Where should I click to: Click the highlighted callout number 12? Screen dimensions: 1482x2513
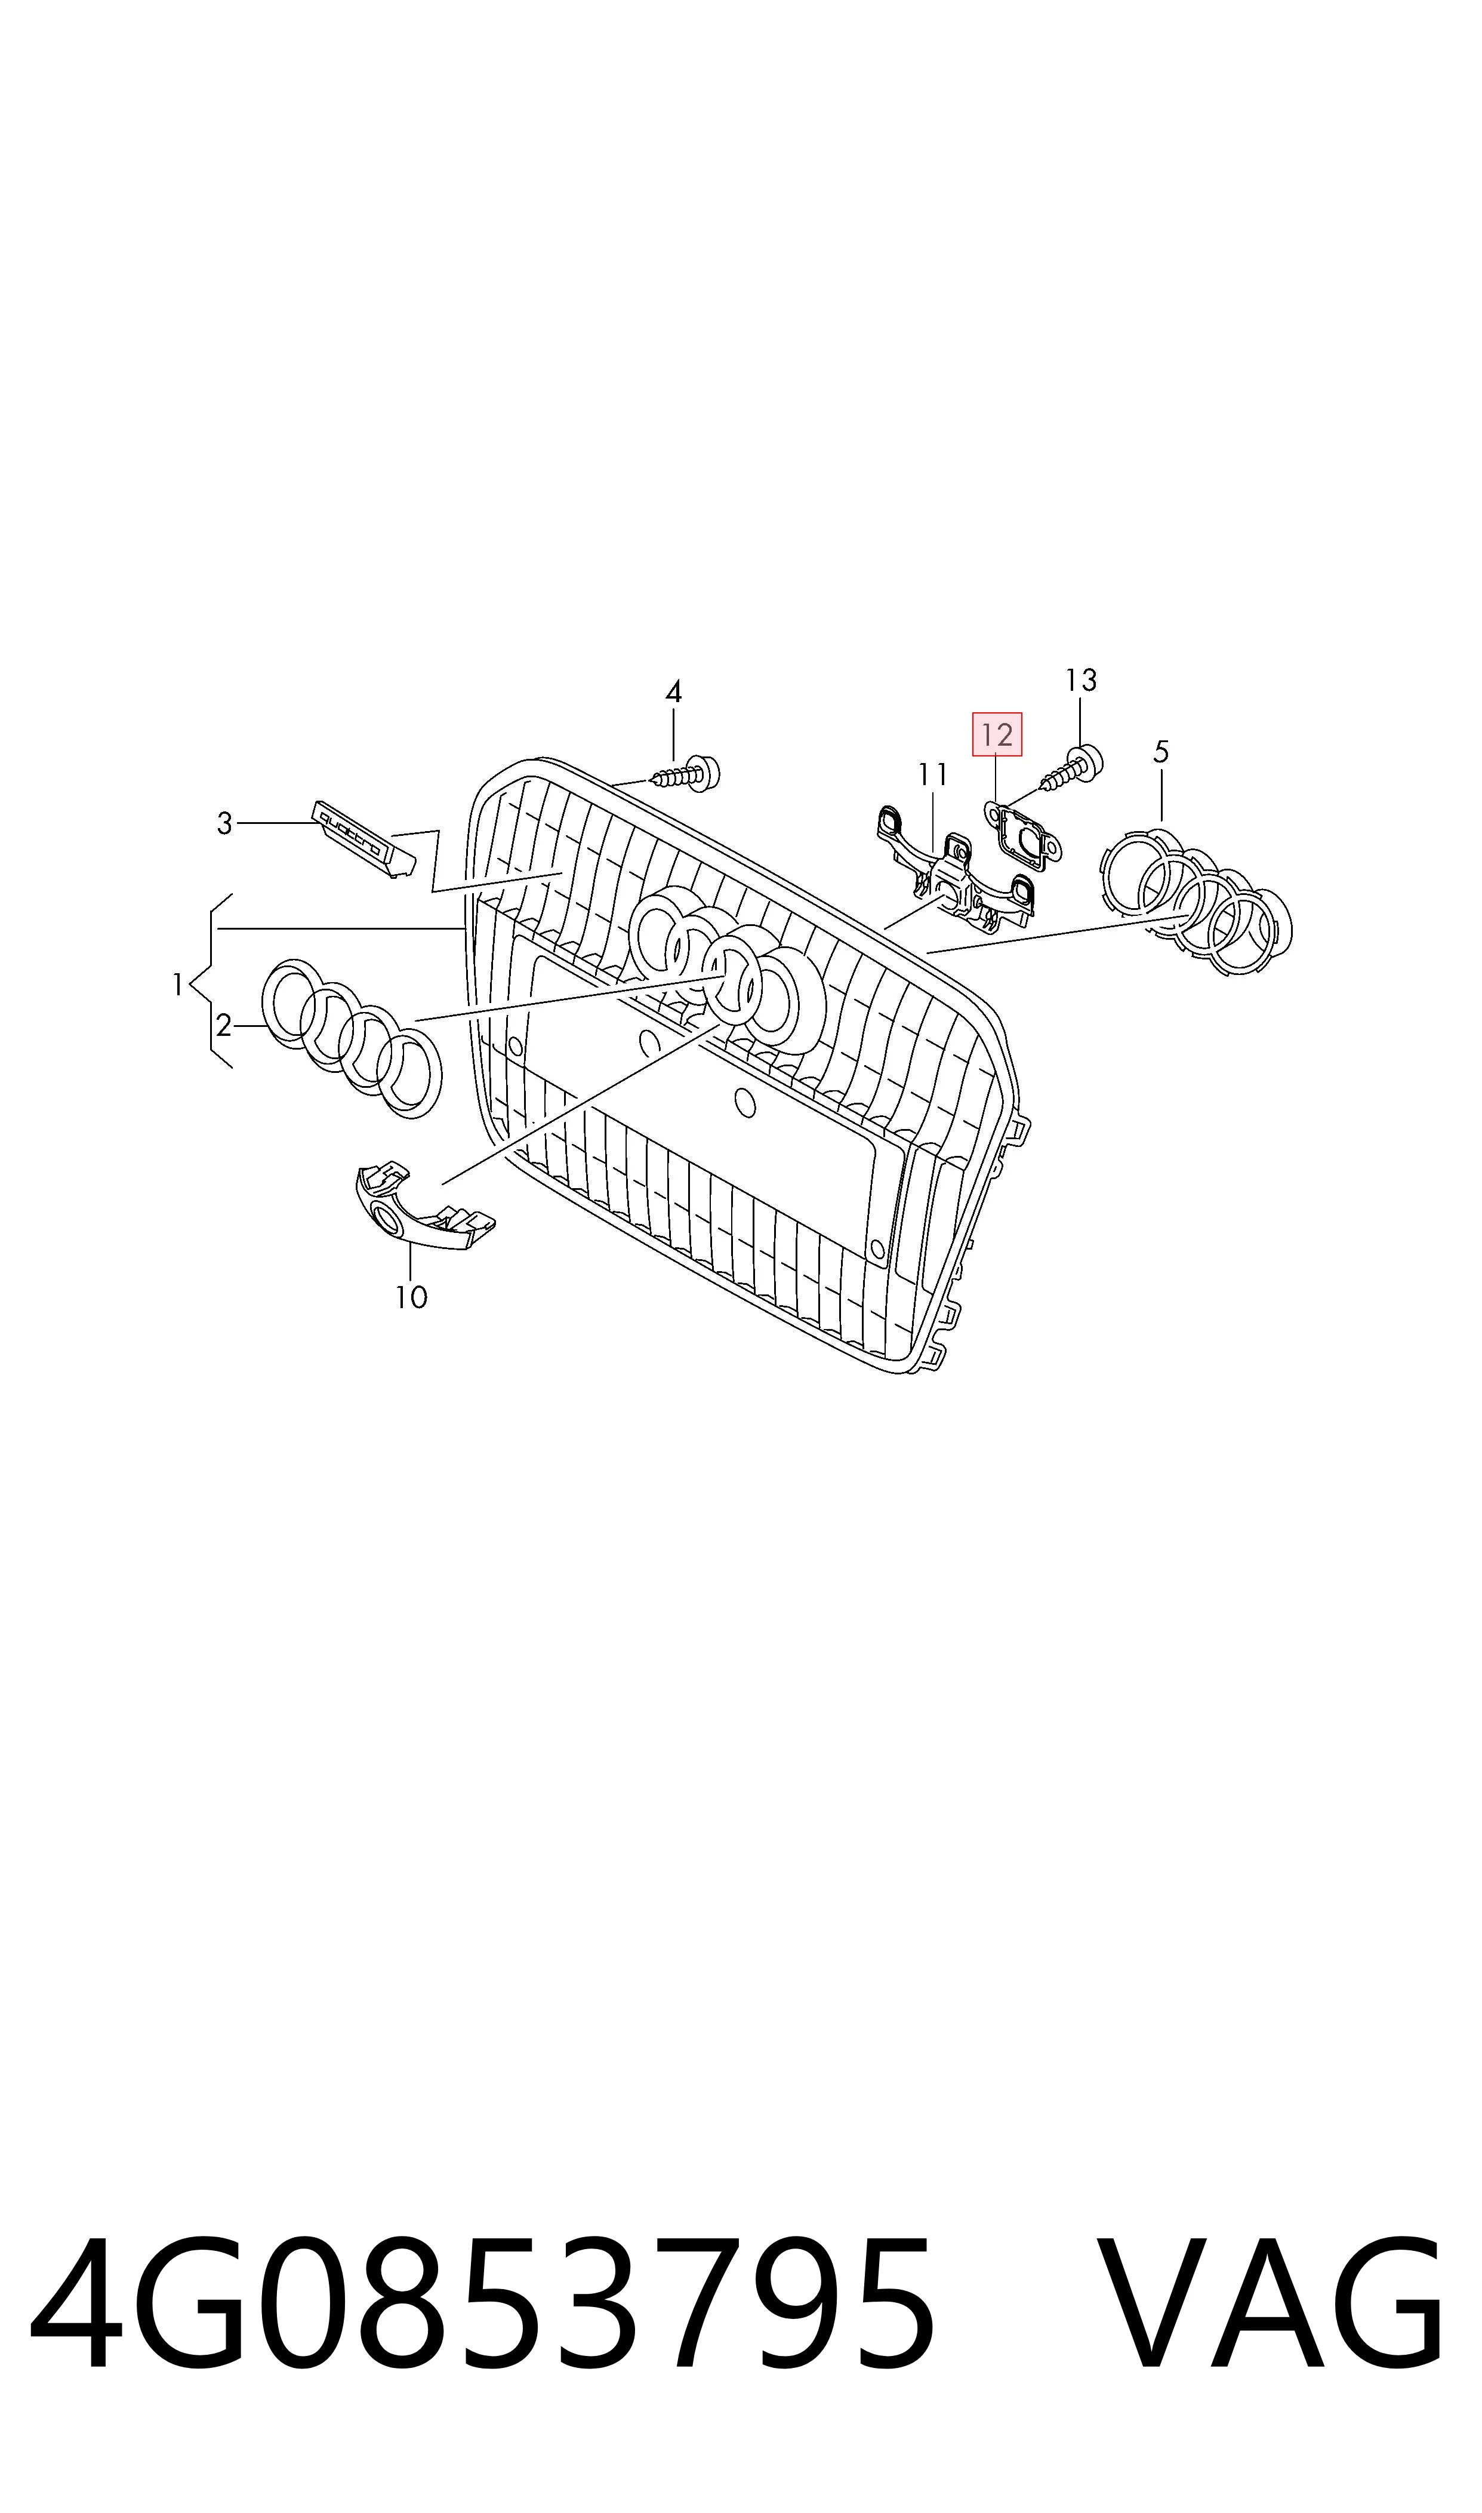click(x=997, y=735)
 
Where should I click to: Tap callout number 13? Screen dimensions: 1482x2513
click(x=1080, y=680)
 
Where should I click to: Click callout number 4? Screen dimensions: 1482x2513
click(x=673, y=691)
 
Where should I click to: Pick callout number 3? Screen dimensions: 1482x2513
click(x=224, y=824)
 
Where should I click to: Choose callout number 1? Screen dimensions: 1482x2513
click(x=178, y=985)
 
